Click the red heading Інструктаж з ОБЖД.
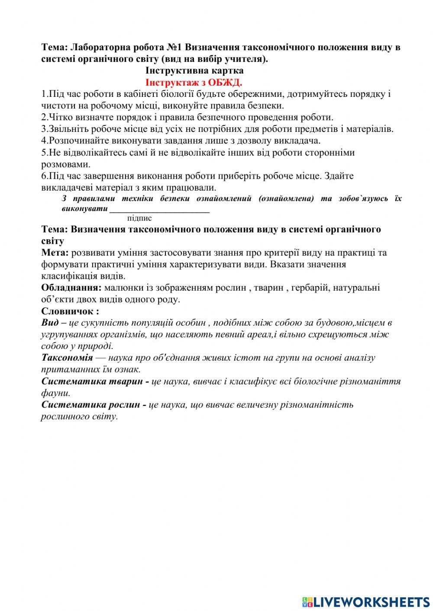[194, 82]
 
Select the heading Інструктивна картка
[194, 70]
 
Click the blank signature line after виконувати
[159, 209]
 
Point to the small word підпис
[139, 218]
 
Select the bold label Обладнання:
[71, 288]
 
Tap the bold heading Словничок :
[70, 311]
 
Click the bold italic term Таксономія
[67, 358]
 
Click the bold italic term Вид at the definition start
[49, 323]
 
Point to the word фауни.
[55, 393]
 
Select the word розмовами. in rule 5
[66, 164]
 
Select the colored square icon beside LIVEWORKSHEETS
[307, 601]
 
